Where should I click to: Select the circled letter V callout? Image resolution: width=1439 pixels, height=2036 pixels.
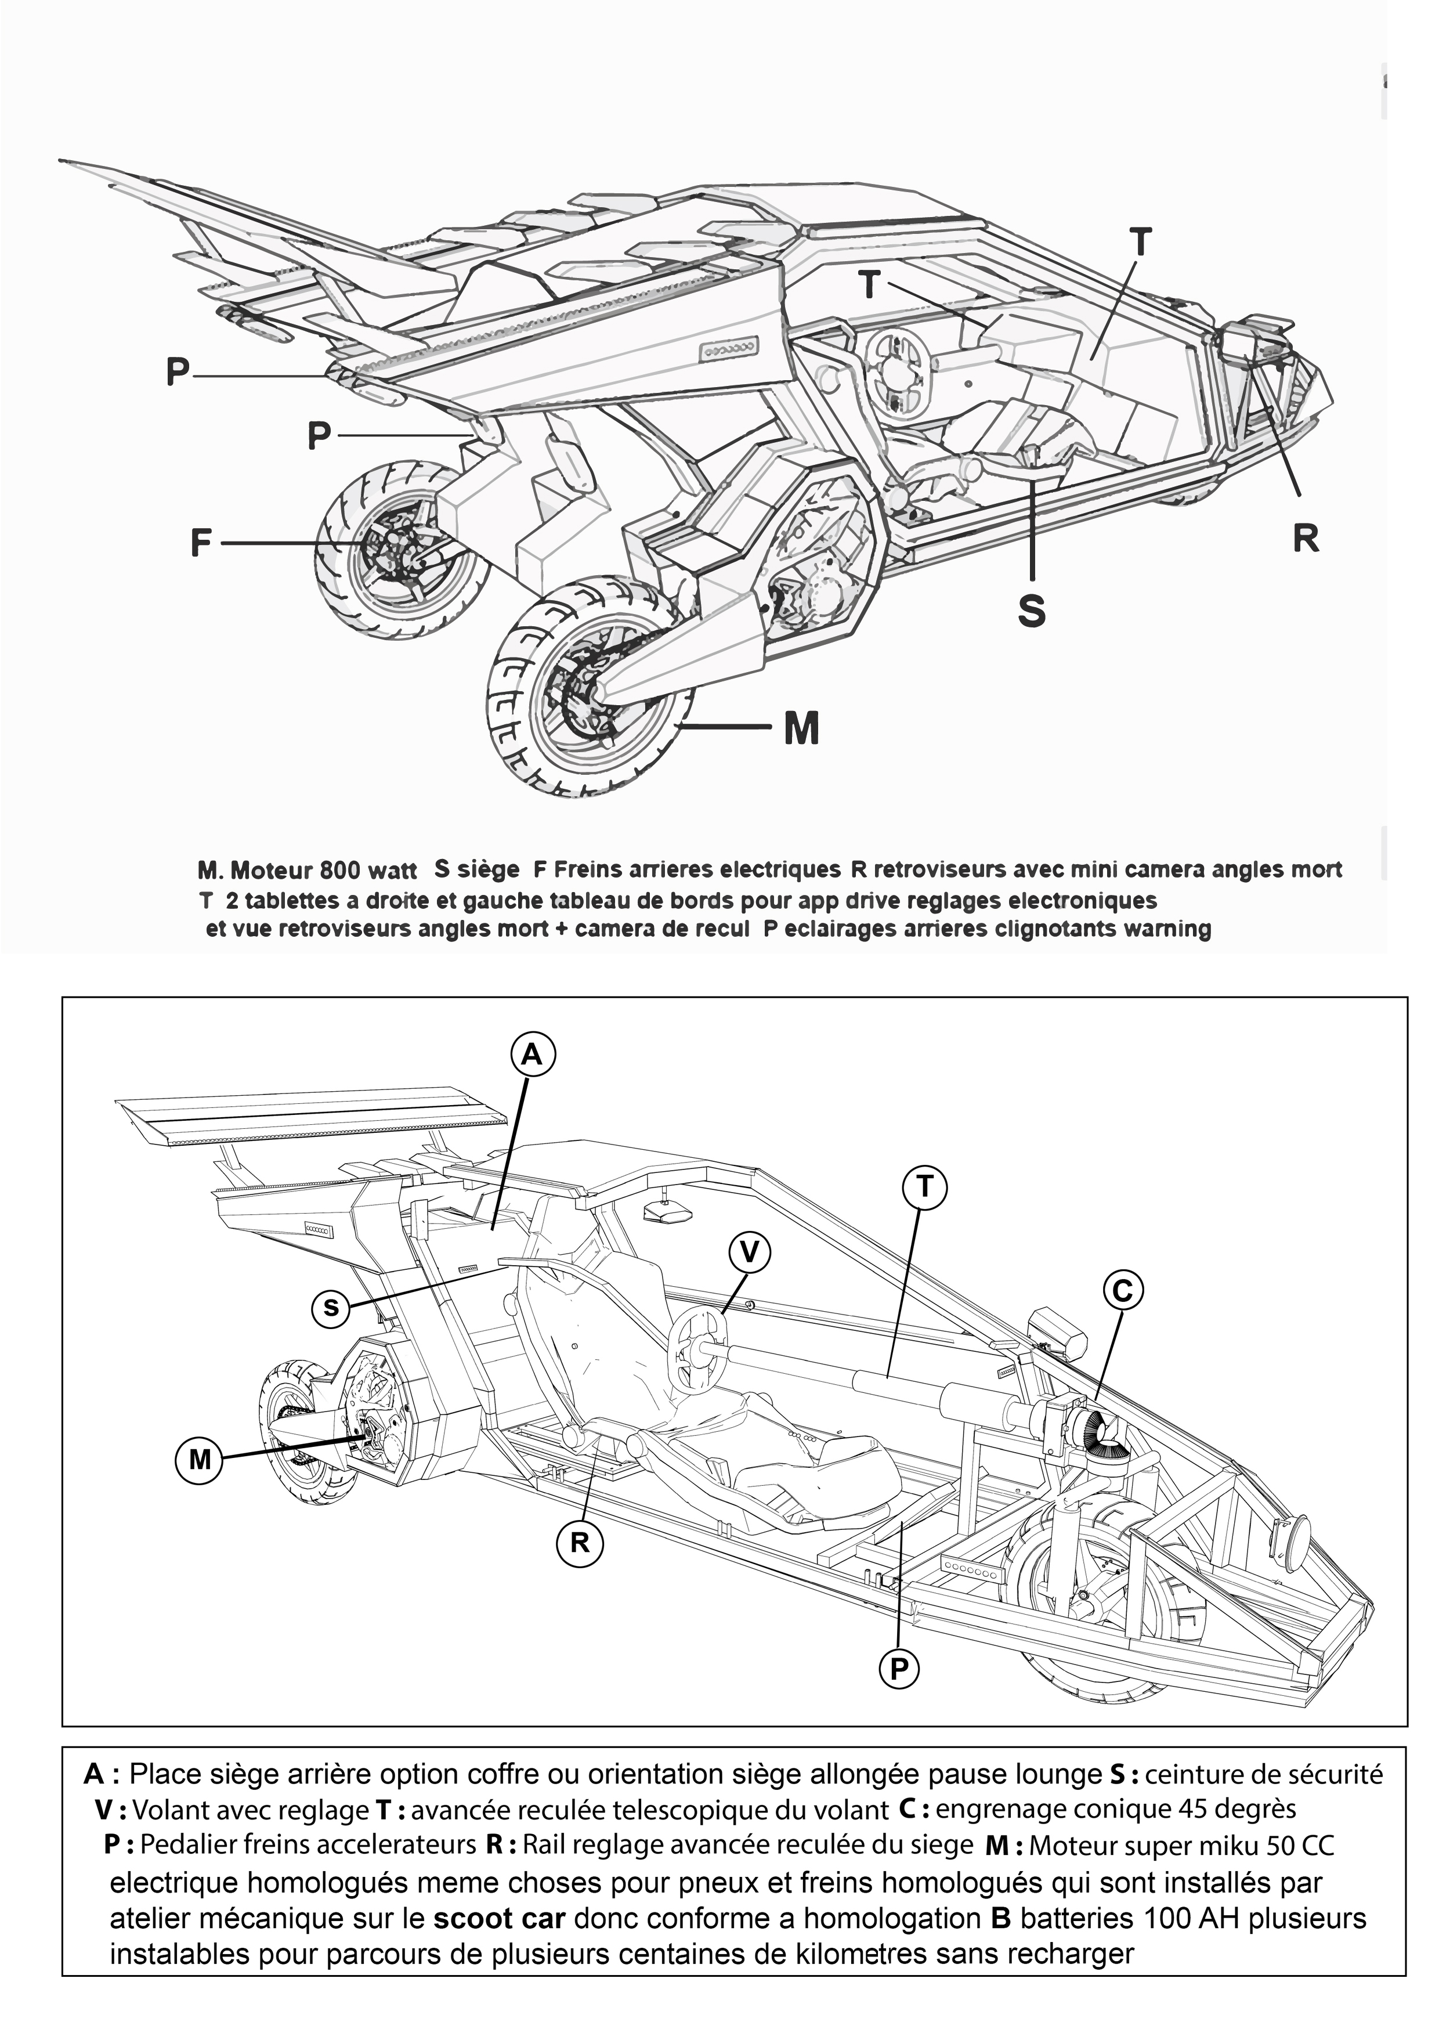[749, 1251]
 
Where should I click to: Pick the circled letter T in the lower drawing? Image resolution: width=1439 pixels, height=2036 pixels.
[924, 1186]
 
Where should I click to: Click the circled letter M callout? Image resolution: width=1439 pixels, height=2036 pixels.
[200, 1458]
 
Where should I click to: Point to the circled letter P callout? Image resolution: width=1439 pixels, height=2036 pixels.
[899, 1669]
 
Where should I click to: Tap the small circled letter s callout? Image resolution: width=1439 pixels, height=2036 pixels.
[331, 1307]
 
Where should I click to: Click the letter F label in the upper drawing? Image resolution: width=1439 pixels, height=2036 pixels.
[201, 543]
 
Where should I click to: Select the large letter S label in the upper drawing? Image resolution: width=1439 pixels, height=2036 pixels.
[1031, 611]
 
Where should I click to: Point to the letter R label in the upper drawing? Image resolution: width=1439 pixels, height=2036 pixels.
[1305, 537]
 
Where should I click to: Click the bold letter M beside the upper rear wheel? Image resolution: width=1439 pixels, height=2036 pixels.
[801, 729]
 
